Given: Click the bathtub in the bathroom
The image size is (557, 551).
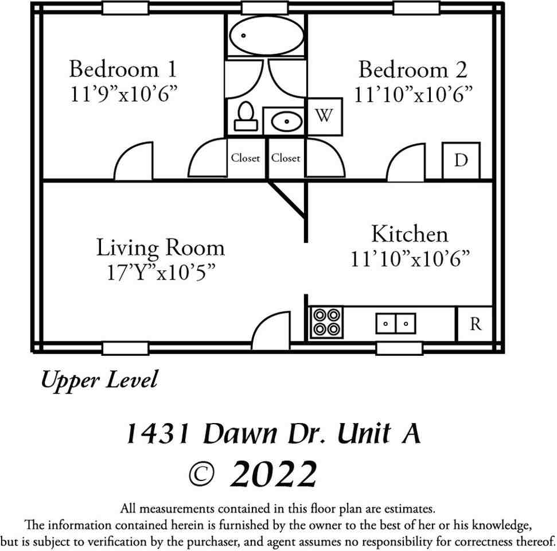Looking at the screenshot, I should coord(266,35).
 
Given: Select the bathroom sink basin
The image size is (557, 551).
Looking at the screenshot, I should coord(285,122).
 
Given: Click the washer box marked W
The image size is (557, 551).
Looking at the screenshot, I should coord(325,116).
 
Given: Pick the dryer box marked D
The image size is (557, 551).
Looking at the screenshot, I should coord(461,160).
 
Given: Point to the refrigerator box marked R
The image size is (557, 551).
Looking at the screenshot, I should coord(475,324).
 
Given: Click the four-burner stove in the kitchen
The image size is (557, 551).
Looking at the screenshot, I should coord(326,322).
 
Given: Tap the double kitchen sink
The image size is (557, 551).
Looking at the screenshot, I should coord(396,324).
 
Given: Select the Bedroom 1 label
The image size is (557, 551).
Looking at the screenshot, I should coord(123,69).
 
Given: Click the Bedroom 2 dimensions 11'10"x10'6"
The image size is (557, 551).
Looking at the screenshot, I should coord(413,94).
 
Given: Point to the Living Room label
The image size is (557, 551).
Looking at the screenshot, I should coord(160,248).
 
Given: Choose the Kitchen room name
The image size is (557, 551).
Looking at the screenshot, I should coord(410,234).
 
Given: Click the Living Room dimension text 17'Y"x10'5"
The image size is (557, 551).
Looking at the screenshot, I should coord(160,272).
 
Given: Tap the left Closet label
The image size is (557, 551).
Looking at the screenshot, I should coord(246,158).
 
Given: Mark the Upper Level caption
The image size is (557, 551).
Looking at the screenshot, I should coord(99,380).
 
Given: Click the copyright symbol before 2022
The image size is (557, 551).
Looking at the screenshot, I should coord(201,474).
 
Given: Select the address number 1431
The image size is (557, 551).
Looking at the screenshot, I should coord(158,434).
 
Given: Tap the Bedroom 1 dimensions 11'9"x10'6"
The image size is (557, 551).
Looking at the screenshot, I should coord(123,94).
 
